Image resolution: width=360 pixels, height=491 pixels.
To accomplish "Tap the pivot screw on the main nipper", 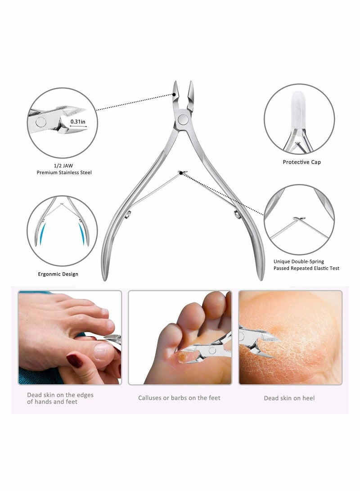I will click(183, 119).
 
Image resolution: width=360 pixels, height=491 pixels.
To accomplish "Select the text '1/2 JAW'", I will click(64, 166).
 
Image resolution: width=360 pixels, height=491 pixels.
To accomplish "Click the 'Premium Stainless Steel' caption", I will click(64, 172).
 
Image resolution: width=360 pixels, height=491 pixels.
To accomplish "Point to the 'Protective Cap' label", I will click(301, 162).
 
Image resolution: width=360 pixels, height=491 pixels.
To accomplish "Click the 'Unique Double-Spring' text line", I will click(298, 261).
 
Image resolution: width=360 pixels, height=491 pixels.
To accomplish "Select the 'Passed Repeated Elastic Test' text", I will click(306, 268).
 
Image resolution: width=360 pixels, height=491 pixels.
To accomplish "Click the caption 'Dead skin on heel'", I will click(289, 398).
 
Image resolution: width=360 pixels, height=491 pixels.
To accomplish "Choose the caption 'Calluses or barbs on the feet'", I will click(179, 398).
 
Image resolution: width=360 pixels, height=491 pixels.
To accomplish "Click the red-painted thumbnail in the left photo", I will click(74, 360).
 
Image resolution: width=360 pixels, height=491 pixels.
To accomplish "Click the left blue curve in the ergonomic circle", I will click(42, 234).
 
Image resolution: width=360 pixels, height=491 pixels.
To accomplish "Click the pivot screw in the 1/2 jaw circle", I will click(40, 122).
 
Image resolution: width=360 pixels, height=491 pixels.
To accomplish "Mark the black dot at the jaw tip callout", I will click(175, 95).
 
